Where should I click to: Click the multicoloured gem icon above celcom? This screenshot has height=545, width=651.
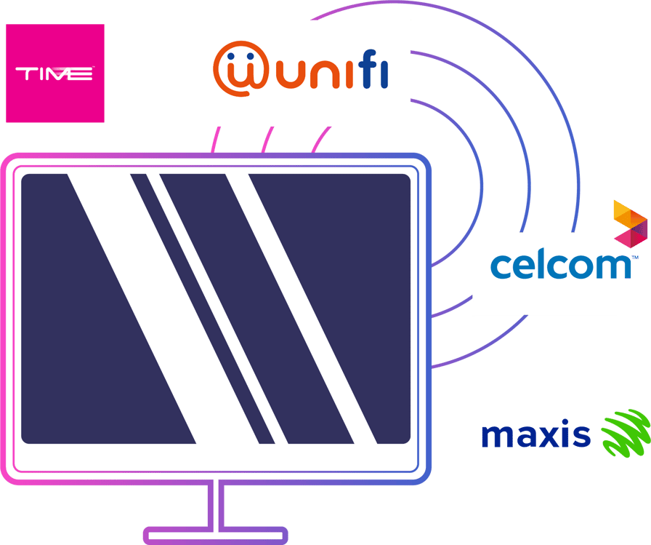[x=630, y=223]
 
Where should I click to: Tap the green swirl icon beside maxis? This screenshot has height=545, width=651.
[x=625, y=434]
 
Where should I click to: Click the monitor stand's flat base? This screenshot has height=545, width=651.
[x=216, y=536]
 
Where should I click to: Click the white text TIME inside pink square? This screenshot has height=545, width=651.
[x=54, y=73]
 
